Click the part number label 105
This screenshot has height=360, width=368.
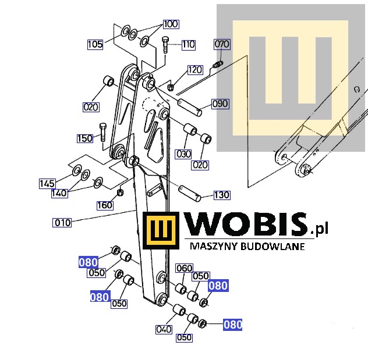95,44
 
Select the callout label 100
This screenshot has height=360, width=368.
171,24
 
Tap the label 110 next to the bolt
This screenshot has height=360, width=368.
189,45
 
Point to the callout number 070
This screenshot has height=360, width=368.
222,44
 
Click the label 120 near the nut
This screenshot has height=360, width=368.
195,70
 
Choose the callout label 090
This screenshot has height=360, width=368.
220,104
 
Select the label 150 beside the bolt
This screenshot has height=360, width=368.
85,138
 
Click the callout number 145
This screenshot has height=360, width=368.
47,184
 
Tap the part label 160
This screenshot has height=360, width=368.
105,205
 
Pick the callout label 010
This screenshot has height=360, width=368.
62,223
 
